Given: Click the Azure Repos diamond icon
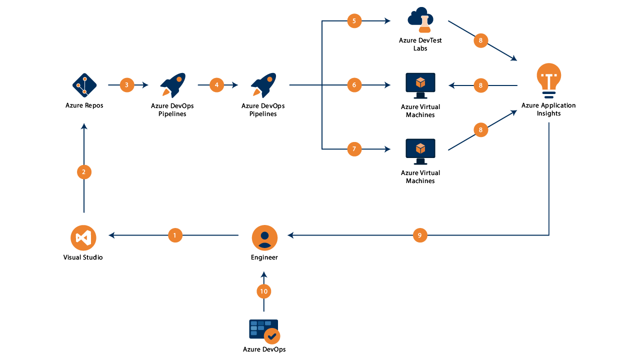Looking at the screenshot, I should [x=84, y=85].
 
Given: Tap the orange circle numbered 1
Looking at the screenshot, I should [x=175, y=235].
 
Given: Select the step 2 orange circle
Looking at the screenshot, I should [x=84, y=172].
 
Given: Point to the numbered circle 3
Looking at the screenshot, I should [x=127, y=85].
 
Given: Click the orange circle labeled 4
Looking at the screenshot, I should [x=216, y=85].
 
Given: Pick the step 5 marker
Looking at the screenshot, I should [x=354, y=21].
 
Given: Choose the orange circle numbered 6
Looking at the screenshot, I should [x=354, y=85].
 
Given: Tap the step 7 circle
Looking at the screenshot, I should [x=354, y=149].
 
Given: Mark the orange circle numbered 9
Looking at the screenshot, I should [x=420, y=235].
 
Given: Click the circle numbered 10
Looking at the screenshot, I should [x=264, y=291].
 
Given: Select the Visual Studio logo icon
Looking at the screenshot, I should [x=83, y=237].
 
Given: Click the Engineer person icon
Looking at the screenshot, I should [x=264, y=237].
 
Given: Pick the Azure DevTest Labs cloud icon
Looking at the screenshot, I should [x=420, y=20].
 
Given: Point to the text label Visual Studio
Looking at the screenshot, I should [x=83, y=257].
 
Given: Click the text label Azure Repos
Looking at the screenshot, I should [x=84, y=105].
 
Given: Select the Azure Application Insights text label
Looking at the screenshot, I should [x=548, y=109].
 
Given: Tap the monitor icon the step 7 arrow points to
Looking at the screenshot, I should [x=420, y=151].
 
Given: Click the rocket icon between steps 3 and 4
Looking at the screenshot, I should [x=172, y=85].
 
